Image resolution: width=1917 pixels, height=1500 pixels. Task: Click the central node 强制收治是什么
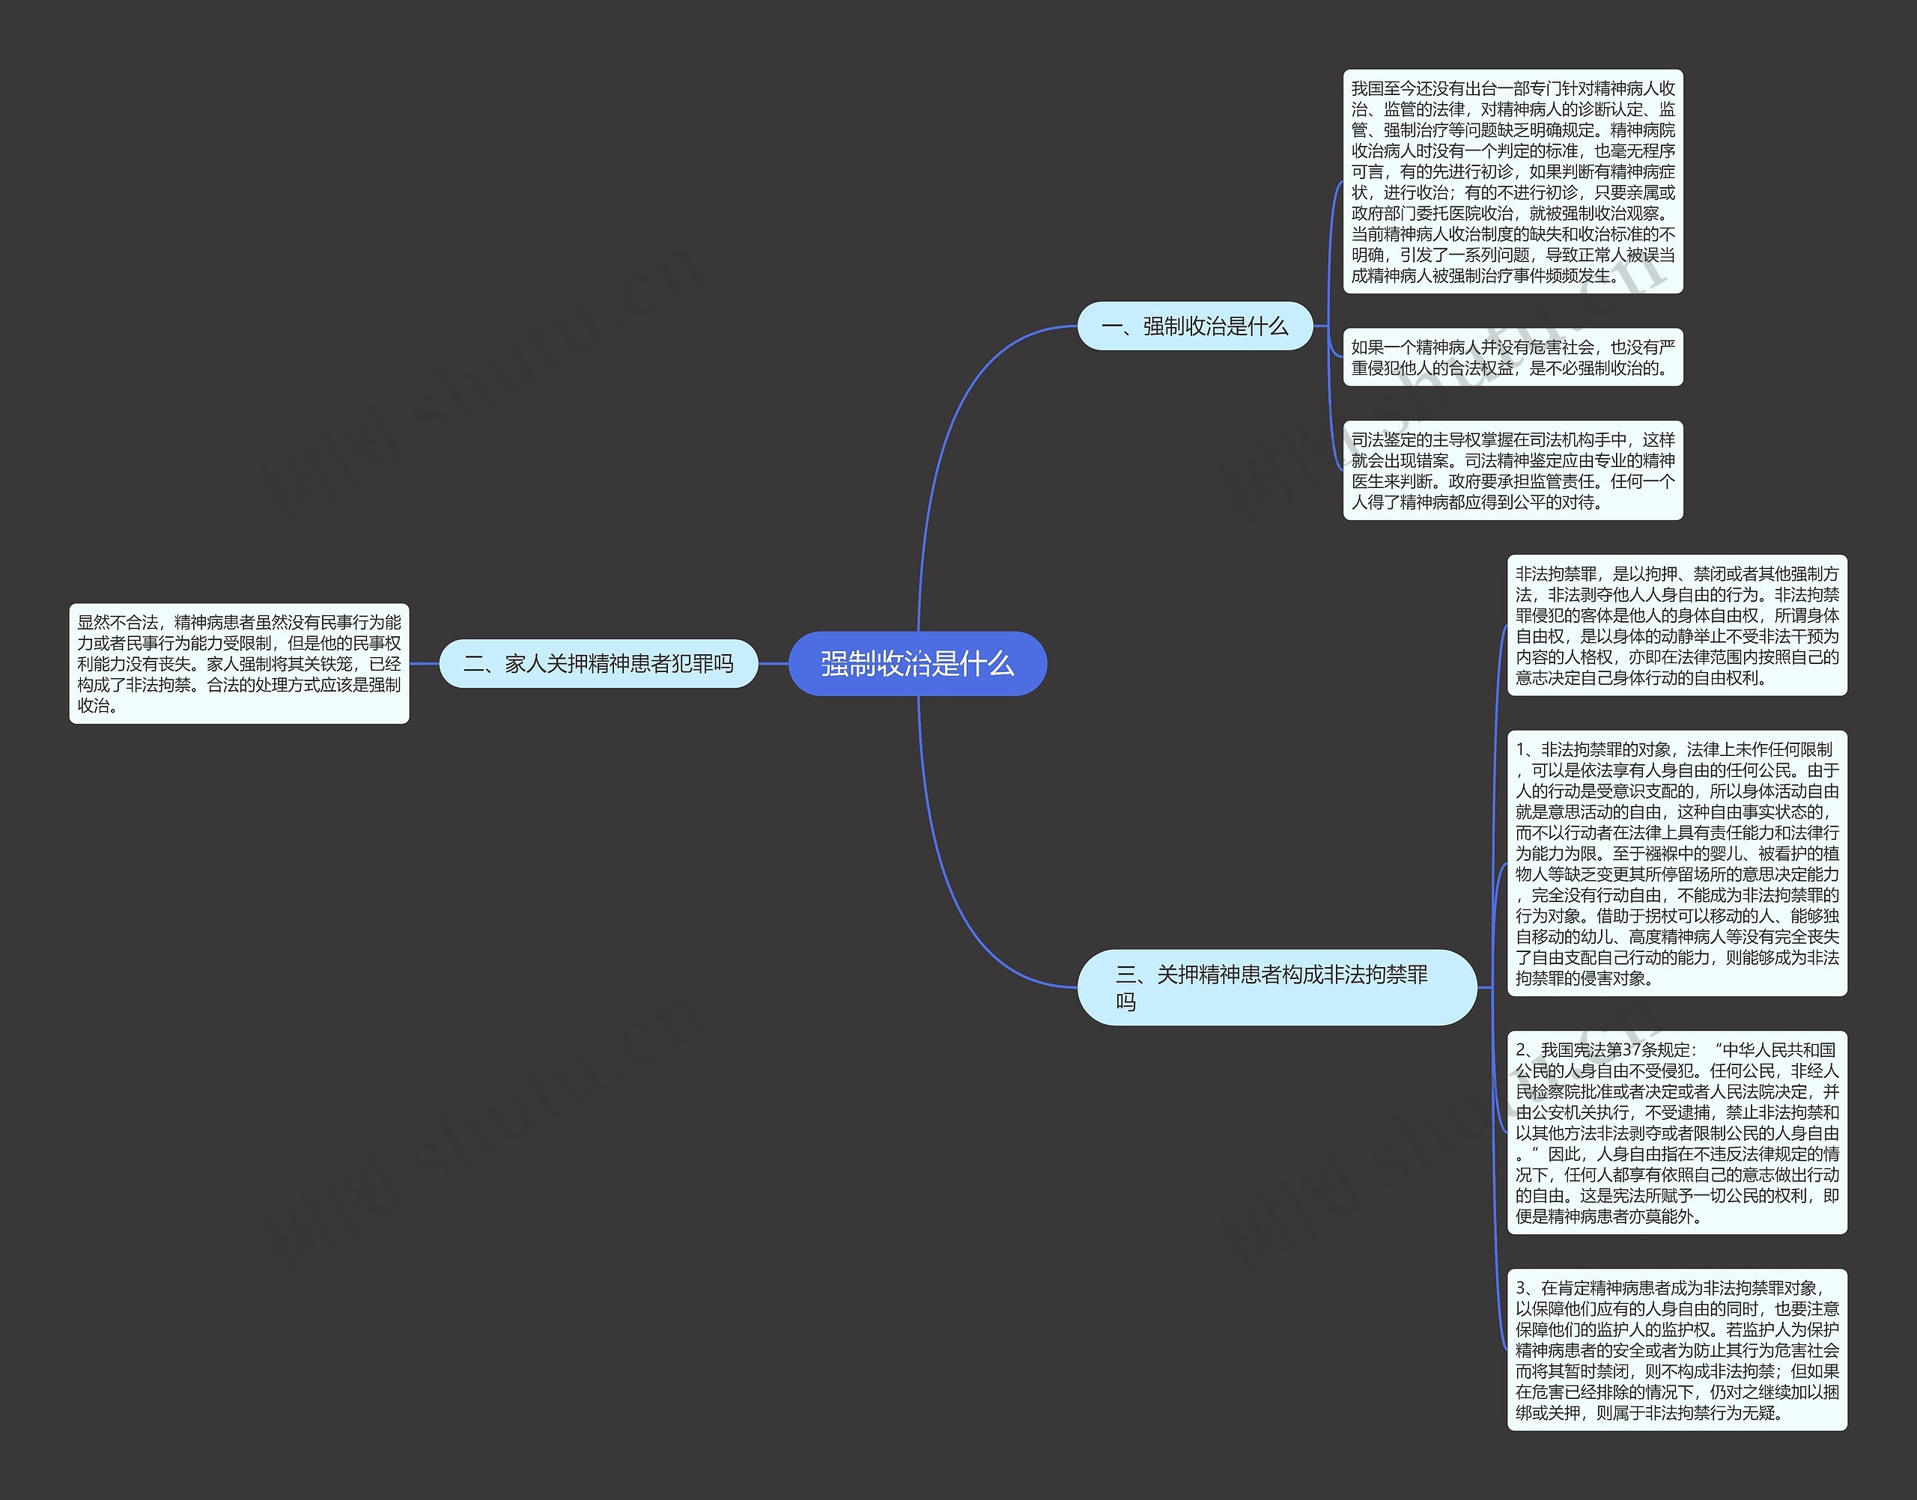pos(917,664)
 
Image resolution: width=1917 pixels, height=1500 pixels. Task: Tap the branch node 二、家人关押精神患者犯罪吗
pos(598,664)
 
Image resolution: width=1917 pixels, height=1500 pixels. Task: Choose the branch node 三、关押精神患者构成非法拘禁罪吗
pos(1276,987)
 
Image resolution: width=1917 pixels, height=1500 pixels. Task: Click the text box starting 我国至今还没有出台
pos(1512,182)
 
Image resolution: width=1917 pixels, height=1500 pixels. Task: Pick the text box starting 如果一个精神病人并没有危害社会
pos(1512,358)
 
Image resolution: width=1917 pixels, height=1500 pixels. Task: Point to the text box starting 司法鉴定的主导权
pos(1512,471)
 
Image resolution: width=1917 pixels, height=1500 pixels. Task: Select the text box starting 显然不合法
pos(239,664)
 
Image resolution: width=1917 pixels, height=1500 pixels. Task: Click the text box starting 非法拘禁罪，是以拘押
pos(1677,625)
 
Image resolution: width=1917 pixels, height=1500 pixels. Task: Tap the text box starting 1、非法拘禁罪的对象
pos(1677,863)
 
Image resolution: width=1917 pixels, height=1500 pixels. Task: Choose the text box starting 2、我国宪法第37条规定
pos(1677,1132)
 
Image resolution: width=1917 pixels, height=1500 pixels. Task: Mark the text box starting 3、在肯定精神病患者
pos(1677,1350)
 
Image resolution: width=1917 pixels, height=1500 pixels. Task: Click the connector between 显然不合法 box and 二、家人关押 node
pos(425,664)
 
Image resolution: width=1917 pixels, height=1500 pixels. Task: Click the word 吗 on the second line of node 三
pos(1125,1002)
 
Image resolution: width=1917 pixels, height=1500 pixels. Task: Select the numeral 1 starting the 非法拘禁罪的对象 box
pos(1521,750)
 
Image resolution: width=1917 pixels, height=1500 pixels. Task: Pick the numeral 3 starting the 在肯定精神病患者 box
pos(1521,1288)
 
